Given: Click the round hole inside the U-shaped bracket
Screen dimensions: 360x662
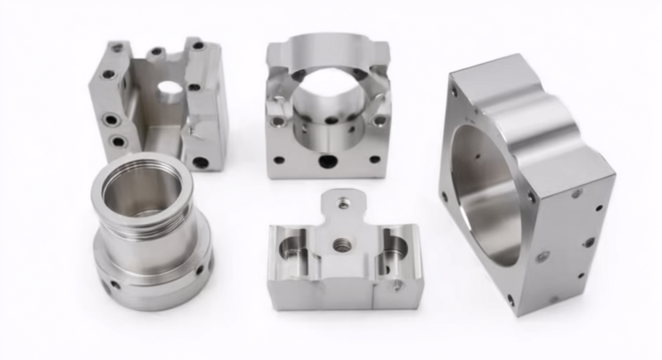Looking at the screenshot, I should click(x=170, y=90).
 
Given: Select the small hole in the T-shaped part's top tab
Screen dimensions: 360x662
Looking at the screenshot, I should click(x=343, y=204).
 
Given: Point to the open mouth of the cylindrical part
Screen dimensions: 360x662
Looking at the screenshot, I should click(x=142, y=191).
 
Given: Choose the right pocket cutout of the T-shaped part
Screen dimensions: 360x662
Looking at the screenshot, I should click(x=394, y=251).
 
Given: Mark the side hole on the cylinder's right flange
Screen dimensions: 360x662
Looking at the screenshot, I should click(x=199, y=270).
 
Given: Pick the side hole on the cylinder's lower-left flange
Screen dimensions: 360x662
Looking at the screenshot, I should click(x=114, y=284).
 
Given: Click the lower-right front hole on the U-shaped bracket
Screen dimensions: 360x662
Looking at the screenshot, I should click(x=200, y=162).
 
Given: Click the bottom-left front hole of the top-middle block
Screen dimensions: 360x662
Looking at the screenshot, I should click(x=279, y=159).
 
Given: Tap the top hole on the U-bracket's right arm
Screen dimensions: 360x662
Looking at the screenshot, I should click(x=197, y=46).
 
